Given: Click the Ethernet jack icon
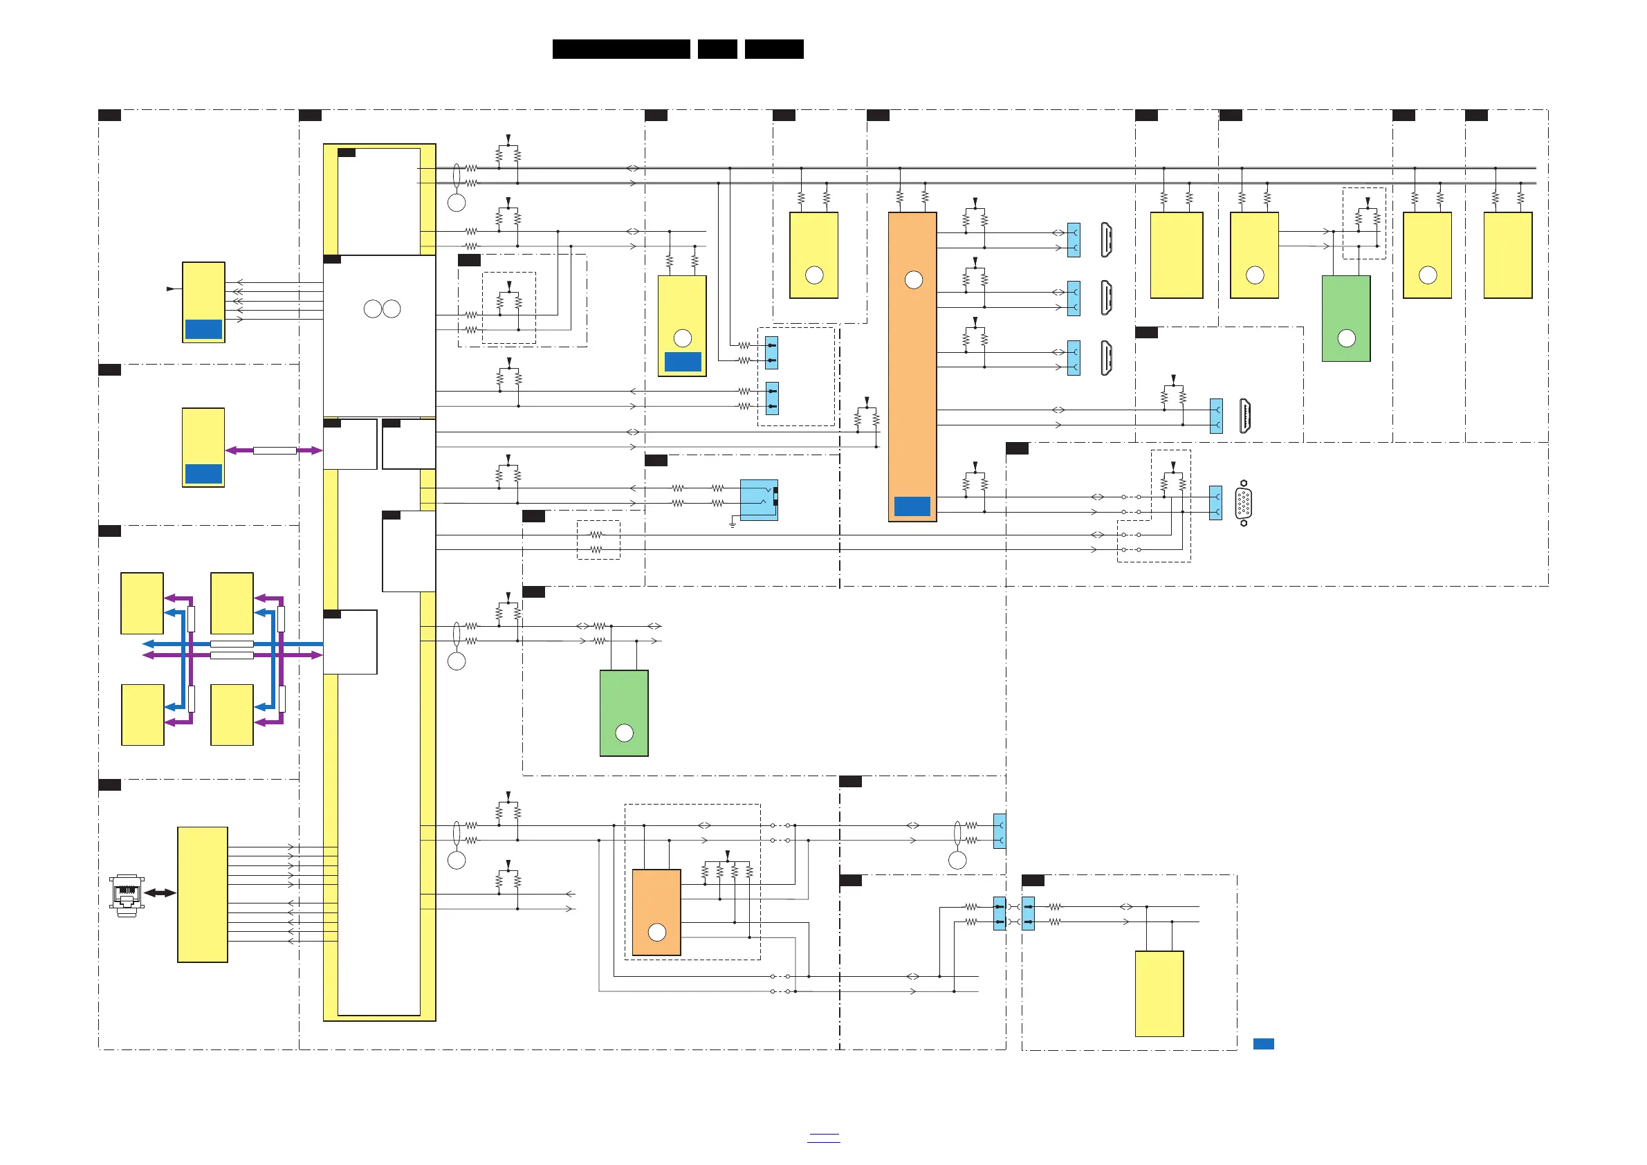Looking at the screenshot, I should click(x=127, y=895).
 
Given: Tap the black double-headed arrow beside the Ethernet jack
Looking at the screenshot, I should click(x=160, y=893).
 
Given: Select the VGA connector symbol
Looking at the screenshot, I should click(x=1244, y=503).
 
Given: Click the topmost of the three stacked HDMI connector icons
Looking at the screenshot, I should click(x=1107, y=239).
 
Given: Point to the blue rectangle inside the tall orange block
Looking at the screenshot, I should click(x=912, y=506).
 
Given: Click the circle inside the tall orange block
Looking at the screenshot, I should click(x=913, y=279).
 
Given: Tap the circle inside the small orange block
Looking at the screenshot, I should click(x=657, y=932).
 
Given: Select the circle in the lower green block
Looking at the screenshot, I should click(x=624, y=733).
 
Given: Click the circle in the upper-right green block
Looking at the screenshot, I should click(x=1346, y=338).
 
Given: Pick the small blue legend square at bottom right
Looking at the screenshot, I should click(x=1263, y=1044).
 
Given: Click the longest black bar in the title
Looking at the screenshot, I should click(x=621, y=49).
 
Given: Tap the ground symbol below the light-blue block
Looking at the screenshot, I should click(x=733, y=524).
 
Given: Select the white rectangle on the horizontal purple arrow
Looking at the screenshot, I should click(x=275, y=450).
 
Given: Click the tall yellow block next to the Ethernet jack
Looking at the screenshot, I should click(x=202, y=895).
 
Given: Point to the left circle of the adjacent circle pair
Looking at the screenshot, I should click(x=373, y=309).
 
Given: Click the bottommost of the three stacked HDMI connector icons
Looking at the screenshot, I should click(x=1107, y=357).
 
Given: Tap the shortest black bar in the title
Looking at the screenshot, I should click(x=717, y=49).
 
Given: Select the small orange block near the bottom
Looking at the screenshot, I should click(x=656, y=912).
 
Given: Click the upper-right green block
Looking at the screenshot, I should click(x=1345, y=318).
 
